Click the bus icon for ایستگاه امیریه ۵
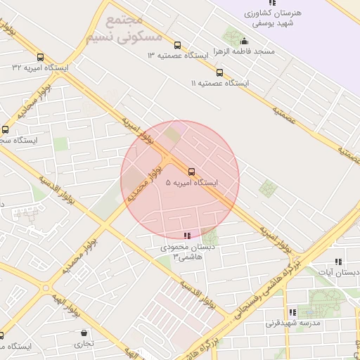pos(191,171)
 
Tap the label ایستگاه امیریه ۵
pos(191,183)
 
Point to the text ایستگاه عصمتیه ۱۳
pos(178,55)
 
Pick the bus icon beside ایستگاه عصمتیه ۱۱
pos(219,72)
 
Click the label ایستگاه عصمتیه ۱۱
pos(220,83)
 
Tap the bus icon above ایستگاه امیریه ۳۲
pos(40,58)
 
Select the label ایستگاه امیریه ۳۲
pos(40,68)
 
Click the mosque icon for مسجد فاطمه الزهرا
pos(244,41)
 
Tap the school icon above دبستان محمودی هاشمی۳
pos(186,236)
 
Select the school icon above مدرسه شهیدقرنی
pos(292,313)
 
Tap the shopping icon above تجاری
pos(84,333)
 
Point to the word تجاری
pos(84,344)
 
